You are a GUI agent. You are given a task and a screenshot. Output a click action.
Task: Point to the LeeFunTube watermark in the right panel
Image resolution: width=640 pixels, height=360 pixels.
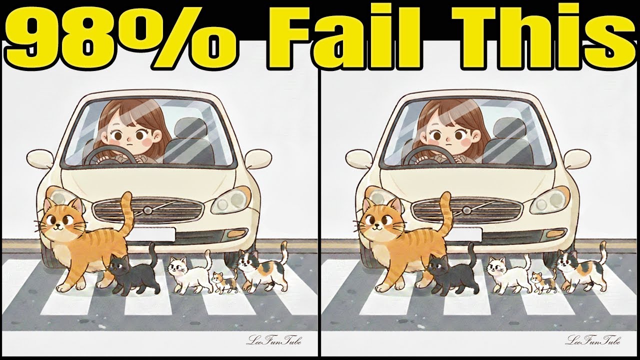593,341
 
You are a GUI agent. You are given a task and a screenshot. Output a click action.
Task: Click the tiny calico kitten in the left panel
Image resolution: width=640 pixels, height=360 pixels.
224,282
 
